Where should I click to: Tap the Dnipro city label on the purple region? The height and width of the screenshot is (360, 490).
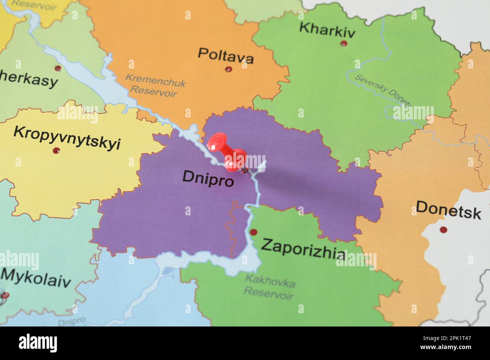(x=208, y=178)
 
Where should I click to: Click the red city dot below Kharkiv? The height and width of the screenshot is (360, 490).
(x=343, y=44)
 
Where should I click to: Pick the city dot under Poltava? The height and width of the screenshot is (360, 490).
(x=228, y=69)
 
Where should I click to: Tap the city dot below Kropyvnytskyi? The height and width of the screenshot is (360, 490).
(x=57, y=151)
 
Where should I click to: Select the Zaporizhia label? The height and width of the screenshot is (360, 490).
(x=303, y=249)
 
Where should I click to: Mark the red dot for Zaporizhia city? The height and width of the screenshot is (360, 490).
(x=253, y=232)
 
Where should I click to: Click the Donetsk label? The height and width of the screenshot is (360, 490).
(x=448, y=210)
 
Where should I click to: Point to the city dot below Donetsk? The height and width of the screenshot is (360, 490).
(x=443, y=229)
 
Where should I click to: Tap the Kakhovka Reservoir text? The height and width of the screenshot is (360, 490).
(x=269, y=287)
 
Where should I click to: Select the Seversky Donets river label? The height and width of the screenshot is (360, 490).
(x=383, y=90)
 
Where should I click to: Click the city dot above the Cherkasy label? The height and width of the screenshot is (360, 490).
(x=58, y=69)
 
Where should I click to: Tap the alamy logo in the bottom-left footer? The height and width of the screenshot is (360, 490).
(x=38, y=343)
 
